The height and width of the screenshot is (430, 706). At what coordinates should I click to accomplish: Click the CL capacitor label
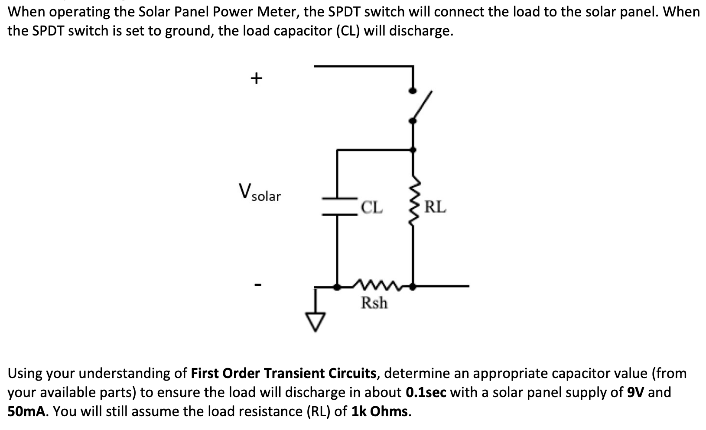point(372,207)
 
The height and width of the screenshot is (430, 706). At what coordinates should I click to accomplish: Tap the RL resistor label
point(435,207)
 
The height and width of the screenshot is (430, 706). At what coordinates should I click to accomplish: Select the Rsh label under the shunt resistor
point(374,303)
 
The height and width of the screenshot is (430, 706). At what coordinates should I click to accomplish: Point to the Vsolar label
point(259,193)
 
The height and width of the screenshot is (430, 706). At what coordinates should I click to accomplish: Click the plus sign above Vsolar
point(256,78)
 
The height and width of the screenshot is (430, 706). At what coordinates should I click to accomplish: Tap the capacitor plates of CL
point(338,206)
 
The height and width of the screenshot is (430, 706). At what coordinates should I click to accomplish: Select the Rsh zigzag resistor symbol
point(374,285)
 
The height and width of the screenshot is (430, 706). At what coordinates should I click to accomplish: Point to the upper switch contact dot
point(413,91)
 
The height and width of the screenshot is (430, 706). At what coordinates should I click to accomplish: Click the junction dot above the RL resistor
point(413,149)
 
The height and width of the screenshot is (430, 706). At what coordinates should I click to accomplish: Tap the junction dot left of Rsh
point(337,286)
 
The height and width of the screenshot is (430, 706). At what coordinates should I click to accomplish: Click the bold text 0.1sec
point(426,392)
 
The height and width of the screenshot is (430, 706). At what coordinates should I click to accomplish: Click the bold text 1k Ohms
point(380,411)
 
